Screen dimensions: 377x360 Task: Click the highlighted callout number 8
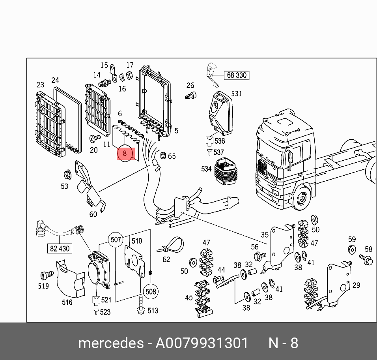pos(125,153)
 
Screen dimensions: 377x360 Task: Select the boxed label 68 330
pos(237,75)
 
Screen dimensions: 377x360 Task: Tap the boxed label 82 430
pos(60,248)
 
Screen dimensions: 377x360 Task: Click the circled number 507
pos(116,239)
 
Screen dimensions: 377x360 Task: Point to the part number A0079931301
pos(202,343)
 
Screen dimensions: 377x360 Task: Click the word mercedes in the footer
pos(111,343)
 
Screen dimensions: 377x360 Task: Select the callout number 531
pos(236,94)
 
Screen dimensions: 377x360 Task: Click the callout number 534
pos(206,169)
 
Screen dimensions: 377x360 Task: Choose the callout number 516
pos(67,302)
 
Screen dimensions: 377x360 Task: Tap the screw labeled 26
pos(190,96)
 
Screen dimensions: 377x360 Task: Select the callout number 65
pos(172,156)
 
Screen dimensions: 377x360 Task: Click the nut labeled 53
pos(67,174)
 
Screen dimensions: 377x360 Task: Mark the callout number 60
pos(93,214)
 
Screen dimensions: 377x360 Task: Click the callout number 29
pos(356,285)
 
